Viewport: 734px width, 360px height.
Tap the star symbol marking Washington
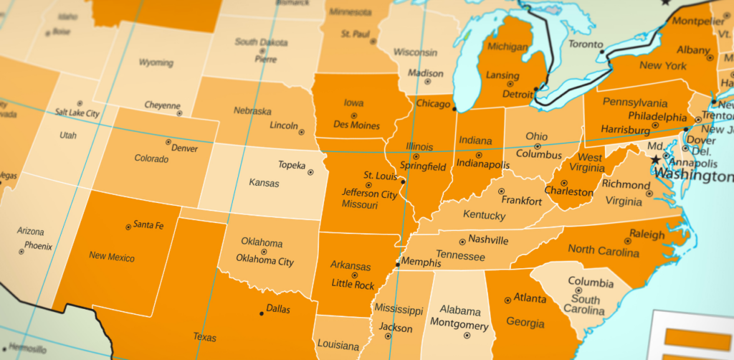(655, 161)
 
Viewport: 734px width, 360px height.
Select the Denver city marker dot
(168, 142)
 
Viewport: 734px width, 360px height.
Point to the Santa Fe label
(148, 225)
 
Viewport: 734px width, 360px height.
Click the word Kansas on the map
(264, 183)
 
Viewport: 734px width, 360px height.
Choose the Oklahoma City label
(264, 262)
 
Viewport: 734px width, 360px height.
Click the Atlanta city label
(530, 298)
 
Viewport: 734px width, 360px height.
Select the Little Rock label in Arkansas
(353, 285)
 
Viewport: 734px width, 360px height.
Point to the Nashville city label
(487, 240)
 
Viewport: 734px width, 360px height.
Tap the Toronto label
(586, 44)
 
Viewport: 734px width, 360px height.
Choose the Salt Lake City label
(77, 113)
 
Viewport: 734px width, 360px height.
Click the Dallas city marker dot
(260, 312)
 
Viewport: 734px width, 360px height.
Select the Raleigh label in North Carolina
(647, 235)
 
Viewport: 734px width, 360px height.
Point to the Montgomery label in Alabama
(459, 323)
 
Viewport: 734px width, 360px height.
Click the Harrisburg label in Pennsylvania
(630, 129)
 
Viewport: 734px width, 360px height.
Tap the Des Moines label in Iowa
(356, 125)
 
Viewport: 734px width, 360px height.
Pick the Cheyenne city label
(162, 105)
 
